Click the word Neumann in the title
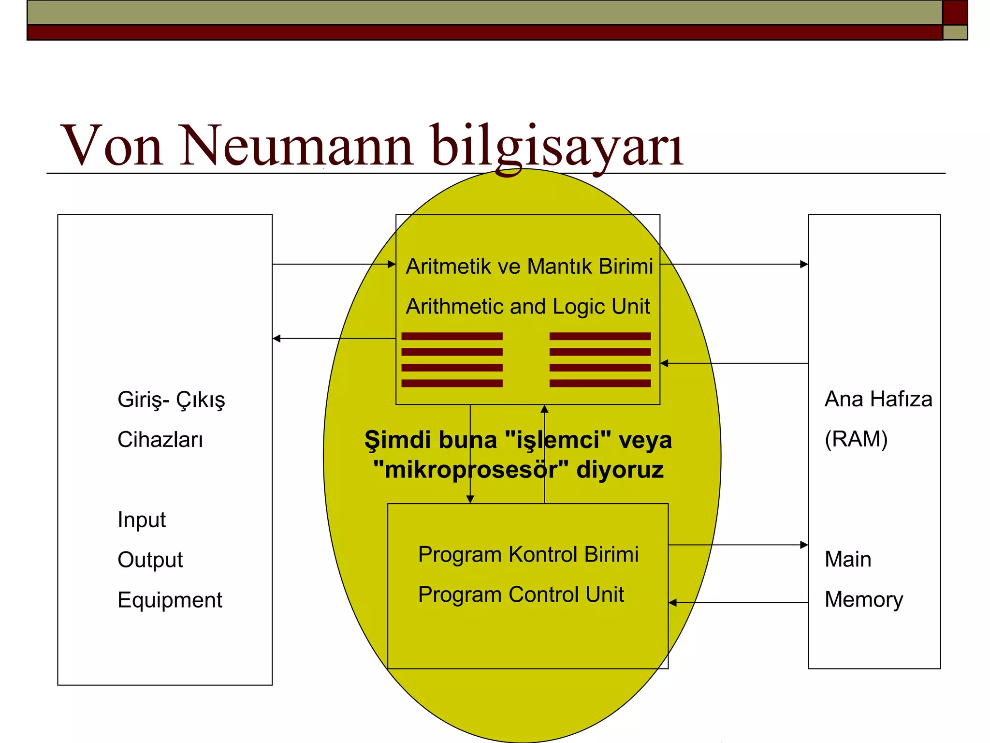[x=296, y=145]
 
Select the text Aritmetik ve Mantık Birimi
[x=529, y=266]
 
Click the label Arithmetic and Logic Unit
[x=528, y=306]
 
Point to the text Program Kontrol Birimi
[x=528, y=554]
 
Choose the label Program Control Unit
[x=521, y=594]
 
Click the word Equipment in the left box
[x=170, y=600]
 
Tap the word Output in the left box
[x=150, y=560]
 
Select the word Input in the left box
[x=142, y=520]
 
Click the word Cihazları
[x=160, y=439]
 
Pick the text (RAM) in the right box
[x=856, y=439]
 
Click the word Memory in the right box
[x=863, y=599]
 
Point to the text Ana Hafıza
[x=878, y=399]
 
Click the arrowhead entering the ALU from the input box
[x=392, y=264]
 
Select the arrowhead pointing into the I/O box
[x=277, y=339]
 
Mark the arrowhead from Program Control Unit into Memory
[x=804, y=545]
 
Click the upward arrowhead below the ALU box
[x=544, y=409]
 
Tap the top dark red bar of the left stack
[x=451, y=336]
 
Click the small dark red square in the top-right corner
[x=955, y=12]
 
